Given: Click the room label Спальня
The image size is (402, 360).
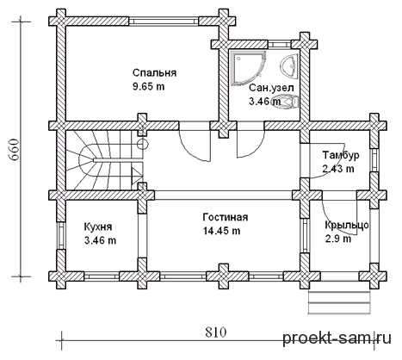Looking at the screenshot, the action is (x=154, y=73).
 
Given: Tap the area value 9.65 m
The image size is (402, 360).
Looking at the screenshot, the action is (x=149, y=86).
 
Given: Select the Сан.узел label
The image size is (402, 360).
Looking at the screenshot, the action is (x=271, y=88).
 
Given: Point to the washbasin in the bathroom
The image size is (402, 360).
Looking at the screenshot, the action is (x=289, y=65).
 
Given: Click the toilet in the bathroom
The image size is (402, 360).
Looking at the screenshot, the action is (x=288, y=102).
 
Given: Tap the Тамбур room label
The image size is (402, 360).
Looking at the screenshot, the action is (x=341, y=155).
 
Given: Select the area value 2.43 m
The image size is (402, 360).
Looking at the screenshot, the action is (x=338, y=169).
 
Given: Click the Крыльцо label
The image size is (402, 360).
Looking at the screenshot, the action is (x=347, y=226).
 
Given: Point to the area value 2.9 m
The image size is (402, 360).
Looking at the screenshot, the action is (x=338, y=239).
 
